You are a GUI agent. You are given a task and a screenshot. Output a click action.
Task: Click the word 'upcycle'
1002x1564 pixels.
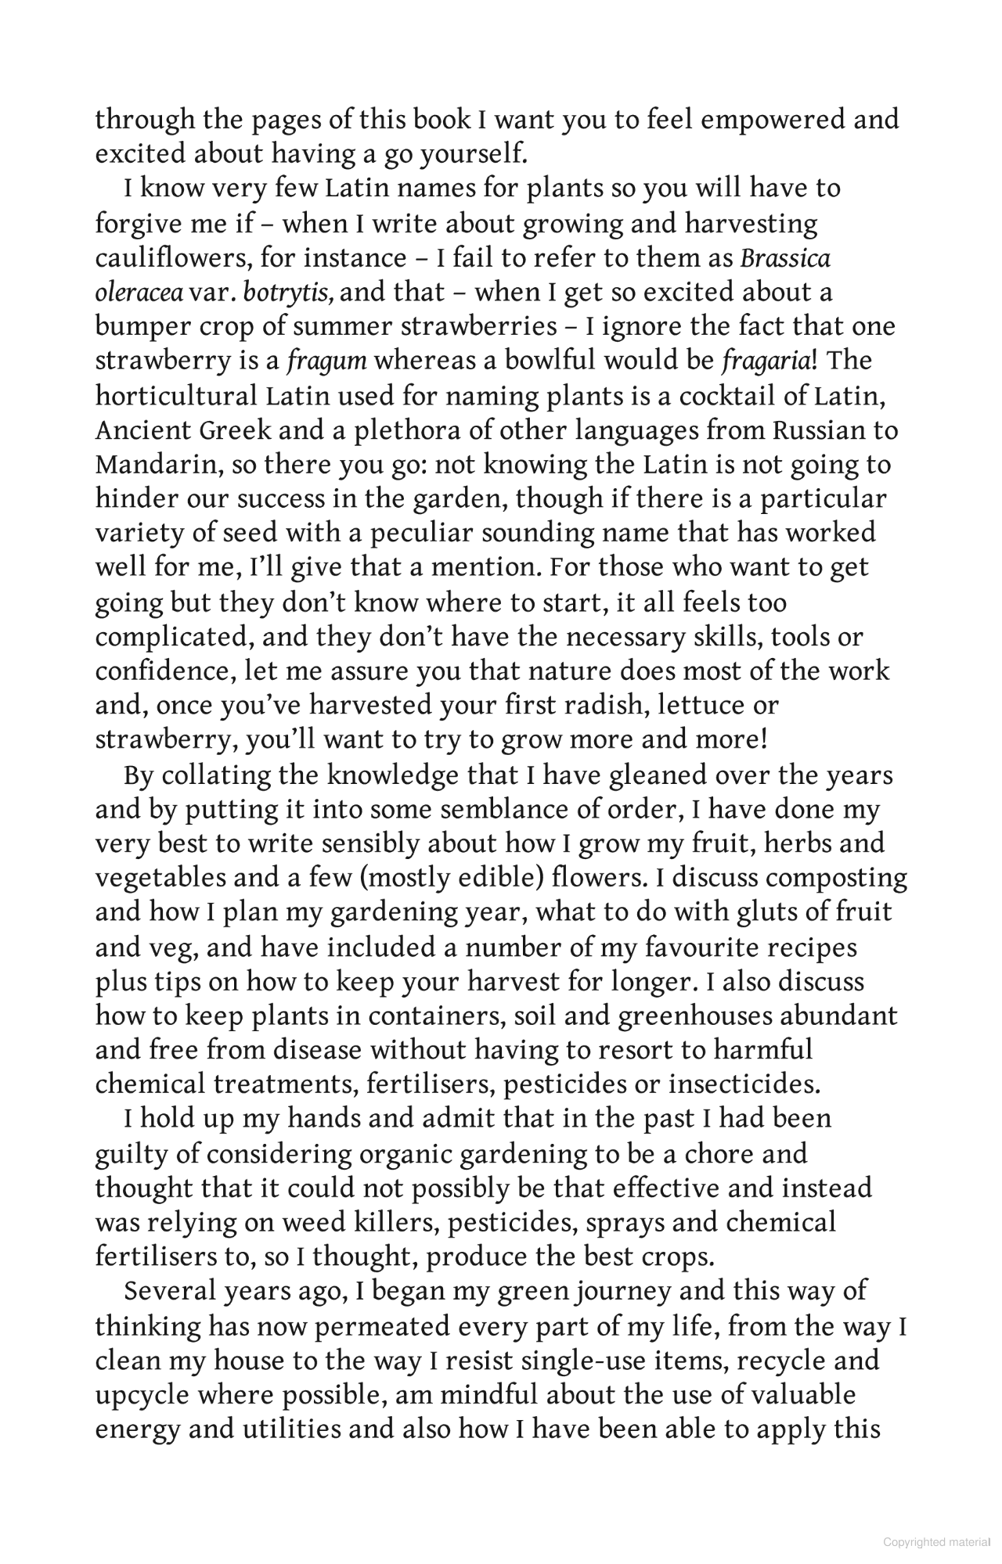click(140, 1395)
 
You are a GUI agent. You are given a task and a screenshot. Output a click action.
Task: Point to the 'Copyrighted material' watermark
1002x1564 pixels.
click(937, 1542)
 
